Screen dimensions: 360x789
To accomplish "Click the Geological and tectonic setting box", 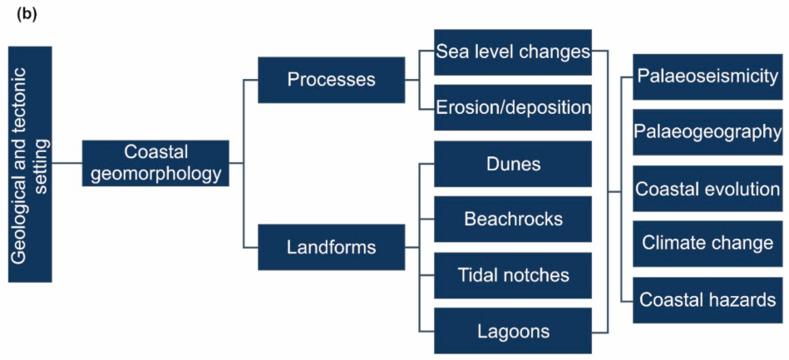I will [31, 164].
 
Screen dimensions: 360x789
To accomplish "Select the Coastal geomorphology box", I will [155, 163].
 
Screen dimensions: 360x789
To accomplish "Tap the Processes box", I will [331, 80].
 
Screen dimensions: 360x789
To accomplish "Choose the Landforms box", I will [331, 247].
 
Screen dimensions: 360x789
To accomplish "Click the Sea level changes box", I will [513, 52].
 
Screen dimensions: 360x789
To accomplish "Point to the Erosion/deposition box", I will [513, 107].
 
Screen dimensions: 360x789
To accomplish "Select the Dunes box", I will [513, 164].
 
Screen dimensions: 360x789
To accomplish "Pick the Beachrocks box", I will [513, 219].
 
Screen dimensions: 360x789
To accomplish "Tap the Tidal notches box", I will [513, 275].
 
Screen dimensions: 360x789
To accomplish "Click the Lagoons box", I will [513, 331].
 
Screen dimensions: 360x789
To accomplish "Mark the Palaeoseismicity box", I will [708, 76].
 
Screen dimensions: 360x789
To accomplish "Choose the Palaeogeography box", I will [708, 132].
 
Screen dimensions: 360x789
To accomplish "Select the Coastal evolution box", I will [708, 188].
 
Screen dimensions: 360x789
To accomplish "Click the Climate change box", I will [708, 244].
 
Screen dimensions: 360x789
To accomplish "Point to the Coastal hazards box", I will [708, 299].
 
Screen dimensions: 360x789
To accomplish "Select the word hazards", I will [745, 299].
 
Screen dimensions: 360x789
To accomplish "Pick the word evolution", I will [742, 188].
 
